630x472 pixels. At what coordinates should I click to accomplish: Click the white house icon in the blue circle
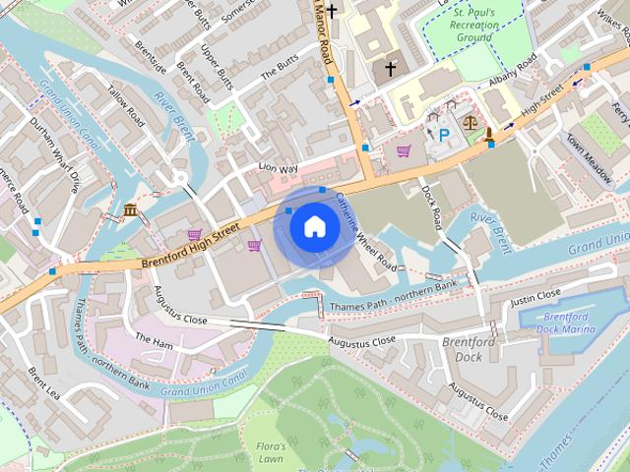coord(314,227)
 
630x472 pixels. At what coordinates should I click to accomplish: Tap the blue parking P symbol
coord(443,134)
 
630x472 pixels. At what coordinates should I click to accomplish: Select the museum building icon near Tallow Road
coord(131,208)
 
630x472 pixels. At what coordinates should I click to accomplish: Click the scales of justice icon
coord(470,125)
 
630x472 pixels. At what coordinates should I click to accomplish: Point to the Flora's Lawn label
coord(271,452)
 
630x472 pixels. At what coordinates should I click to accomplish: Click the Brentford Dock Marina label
coord(567,323)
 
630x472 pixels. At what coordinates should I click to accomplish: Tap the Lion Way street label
coord(278,169)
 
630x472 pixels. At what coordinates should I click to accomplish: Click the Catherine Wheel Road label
coord(366,234)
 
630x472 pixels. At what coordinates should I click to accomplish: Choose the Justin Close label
coord(535,296)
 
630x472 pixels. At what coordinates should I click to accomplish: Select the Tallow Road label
coord(126,108)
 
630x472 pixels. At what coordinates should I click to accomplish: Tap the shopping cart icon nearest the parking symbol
coord(404,150)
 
